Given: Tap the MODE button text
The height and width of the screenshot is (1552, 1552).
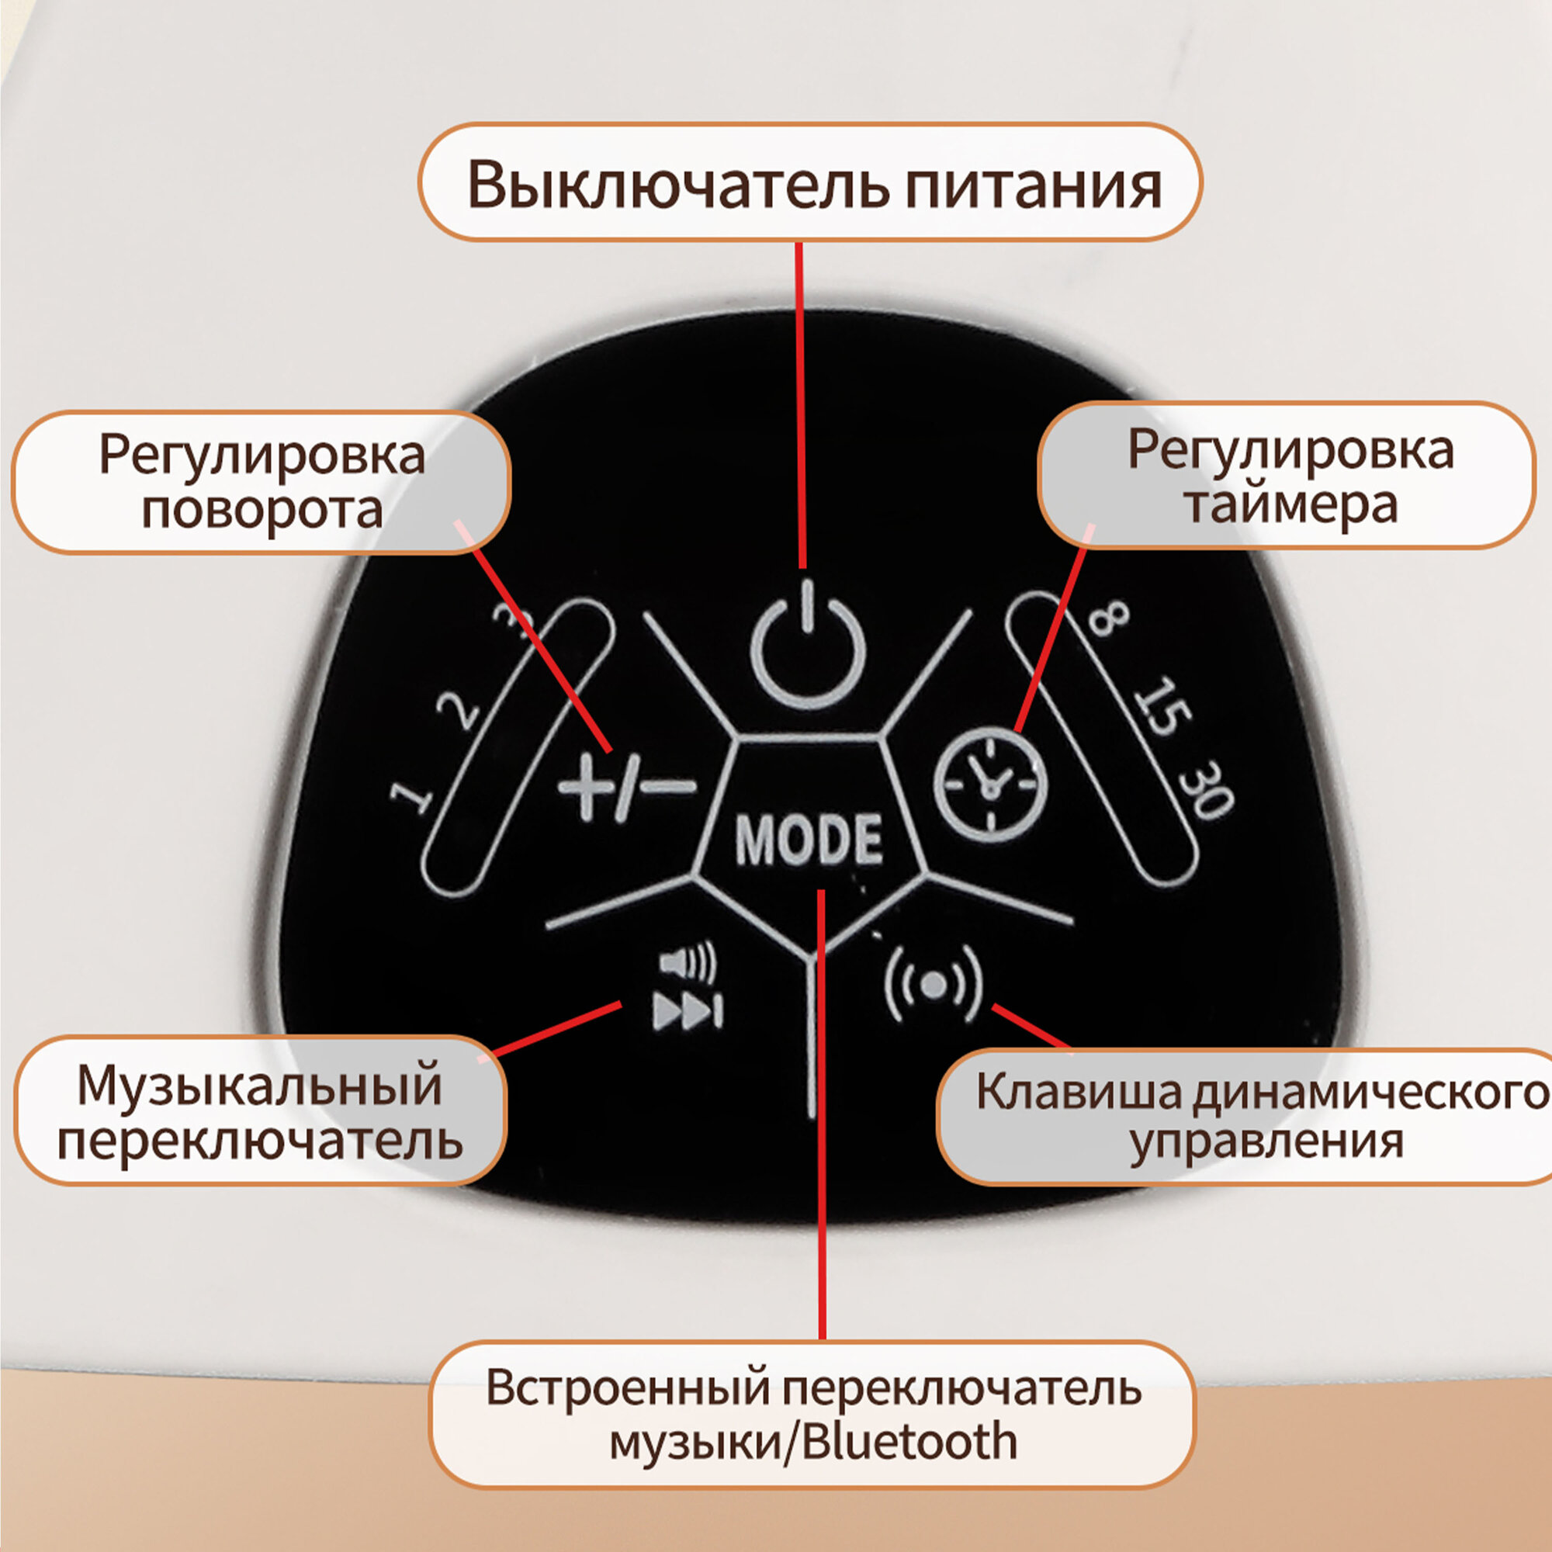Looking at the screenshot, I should (x=808, y=840).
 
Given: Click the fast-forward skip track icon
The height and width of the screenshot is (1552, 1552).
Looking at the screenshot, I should (x=688, y=1010).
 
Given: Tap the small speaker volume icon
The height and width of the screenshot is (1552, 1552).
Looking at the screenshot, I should (x=687, y=962).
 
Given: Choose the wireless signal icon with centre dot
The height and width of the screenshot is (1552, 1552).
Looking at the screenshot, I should (x=934, y=985).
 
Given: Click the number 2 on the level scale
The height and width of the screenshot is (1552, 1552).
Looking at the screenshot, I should (x=459, y=710).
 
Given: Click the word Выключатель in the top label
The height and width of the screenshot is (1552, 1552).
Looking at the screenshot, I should (x=678, y=185).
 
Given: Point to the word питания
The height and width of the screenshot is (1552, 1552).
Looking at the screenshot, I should (x=1033, y=185).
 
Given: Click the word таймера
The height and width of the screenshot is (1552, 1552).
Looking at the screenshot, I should (x=1291, y=505).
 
